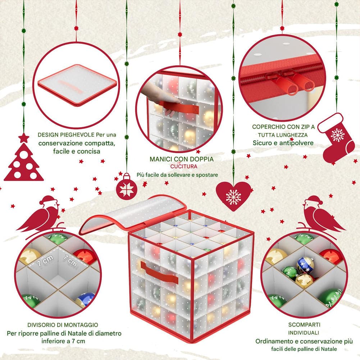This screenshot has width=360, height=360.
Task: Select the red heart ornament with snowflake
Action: pyautogui.click(x=233, y=196)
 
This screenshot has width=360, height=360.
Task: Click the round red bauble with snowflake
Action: pyautogui.click(x=127, y=188)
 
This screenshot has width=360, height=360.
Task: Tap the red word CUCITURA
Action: pyautogui.click(x=184, y=166)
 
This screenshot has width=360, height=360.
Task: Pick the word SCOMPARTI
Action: pyautogui.click(x=304, y=325)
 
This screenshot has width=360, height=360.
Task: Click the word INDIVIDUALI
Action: pyautogui.click(x=304, y=333)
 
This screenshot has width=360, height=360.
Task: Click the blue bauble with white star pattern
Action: pyautogui.click(x=305, y=265)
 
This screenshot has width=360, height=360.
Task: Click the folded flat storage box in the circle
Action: pyautogui.click(x=77, y=85)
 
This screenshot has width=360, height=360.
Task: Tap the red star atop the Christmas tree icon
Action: pyautogui.click(x=24, y=138)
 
